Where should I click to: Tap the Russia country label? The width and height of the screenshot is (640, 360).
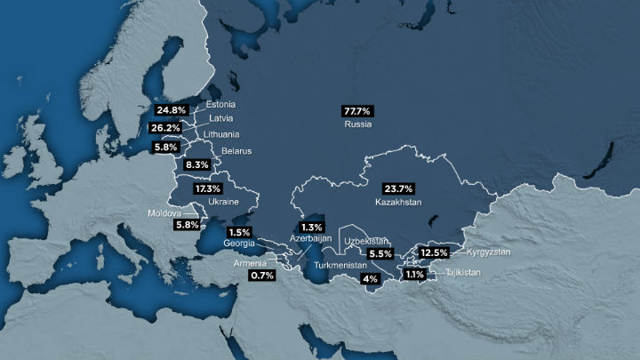pos(357,124)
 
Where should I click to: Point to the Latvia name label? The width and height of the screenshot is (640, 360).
pos(221,118)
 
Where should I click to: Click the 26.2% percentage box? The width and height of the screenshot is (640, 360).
pos(167,128)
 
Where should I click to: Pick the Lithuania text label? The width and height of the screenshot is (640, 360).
pos(221,134)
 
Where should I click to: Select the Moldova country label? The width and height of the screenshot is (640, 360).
pos(164,214)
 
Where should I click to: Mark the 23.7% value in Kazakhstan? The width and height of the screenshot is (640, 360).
pos(398,188)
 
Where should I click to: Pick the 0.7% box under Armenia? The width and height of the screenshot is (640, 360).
pos(262,276)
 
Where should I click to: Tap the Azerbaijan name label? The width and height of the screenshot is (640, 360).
pos(311,238)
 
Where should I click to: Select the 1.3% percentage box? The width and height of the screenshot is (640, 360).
pos(312,227)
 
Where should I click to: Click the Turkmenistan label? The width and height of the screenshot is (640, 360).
pos(340,265)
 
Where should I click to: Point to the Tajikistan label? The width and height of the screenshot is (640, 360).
pos(463,272)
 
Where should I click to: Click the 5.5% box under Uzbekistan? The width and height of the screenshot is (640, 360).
pos(380,253)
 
